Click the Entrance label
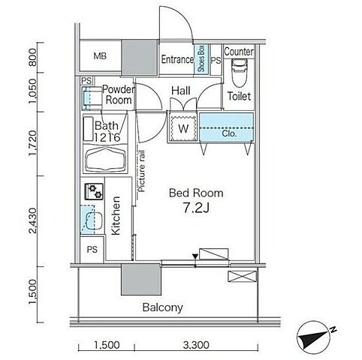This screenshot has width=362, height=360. pos(177,59)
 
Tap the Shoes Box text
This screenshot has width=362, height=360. pos(201,58)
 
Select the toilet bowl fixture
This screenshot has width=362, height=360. pos(240,73)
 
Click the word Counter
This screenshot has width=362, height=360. pos(239,52)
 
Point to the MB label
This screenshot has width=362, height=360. pos(100,56)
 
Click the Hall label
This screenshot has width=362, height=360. pos(181,91)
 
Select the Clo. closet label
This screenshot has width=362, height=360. pos(229,133)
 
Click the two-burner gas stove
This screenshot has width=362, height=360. pos(94,191)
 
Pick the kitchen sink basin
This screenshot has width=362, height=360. pos(94,220)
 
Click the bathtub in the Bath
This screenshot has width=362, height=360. pos(105,159)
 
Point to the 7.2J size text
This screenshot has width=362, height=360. pos(196,208)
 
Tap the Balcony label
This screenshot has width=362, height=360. pos(162,307)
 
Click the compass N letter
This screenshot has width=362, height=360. pos(333,330)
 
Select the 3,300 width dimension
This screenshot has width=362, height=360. pos(196,345)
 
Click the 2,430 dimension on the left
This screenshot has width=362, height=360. pos(33,220)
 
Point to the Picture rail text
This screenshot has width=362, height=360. pos(142,171)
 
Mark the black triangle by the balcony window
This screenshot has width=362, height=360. pos(195,256)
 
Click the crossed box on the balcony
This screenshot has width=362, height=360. pos(243,277)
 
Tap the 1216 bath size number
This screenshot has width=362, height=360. pos(107,137)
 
